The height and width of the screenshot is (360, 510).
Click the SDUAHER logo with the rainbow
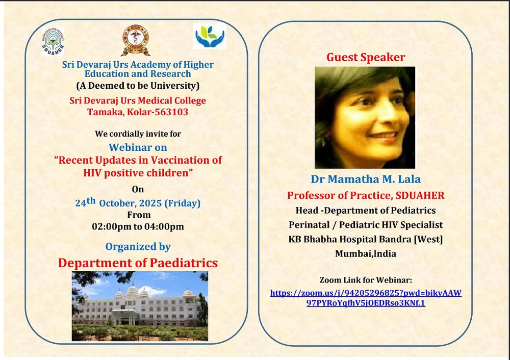53,41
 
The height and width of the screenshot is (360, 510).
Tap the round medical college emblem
136,40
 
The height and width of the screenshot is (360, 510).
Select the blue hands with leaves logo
210,36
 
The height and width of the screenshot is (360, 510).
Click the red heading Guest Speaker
366,57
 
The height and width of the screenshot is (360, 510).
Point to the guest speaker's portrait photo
365,117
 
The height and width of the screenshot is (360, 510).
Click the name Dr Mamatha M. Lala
366,179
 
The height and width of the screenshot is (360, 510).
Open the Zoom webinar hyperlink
366,298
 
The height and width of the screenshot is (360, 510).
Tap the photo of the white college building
140,306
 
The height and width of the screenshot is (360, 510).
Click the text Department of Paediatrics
138,263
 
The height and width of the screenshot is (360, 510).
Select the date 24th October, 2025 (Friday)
138,202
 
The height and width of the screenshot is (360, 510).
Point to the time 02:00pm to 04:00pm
138,226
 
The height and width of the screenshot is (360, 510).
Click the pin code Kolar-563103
158,112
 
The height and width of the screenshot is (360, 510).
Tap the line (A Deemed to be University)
138,86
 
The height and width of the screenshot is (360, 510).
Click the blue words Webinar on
138,147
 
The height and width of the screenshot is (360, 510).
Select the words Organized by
138,246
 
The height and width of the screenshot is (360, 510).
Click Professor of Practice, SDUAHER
366,195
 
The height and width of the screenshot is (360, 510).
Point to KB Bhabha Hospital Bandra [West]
366,239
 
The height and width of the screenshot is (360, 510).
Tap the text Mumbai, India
366,253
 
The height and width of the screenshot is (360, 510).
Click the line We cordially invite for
138,134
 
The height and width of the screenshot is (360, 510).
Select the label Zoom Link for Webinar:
366,280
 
